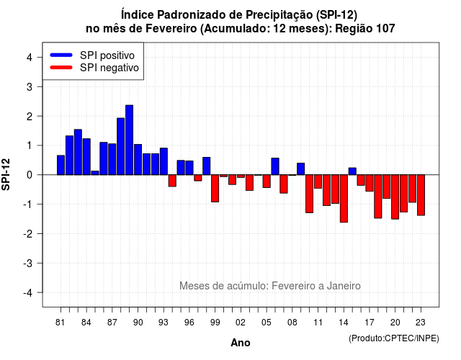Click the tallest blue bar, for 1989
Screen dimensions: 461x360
click(x=129, y=140)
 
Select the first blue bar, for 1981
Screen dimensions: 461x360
click(x=61, y=165)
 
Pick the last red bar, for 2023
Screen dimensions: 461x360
click(x=421, y=195)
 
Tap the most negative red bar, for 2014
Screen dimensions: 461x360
click(x=344, y=199)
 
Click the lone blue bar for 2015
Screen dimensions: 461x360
click(x=352, y=171)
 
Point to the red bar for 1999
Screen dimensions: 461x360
click(x=215, y=189)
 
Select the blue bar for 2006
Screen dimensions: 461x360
click(x=275, y=166)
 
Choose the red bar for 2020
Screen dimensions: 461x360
click(x=395, y=197)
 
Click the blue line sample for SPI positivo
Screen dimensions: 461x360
click(x=61, y=55)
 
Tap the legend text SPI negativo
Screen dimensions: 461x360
click(x=109, y=68)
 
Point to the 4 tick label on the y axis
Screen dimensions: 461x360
click(x=30, y=58)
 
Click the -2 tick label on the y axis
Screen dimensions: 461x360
click(x=27, y=233)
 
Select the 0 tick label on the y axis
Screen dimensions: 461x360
click(x=30, y=175)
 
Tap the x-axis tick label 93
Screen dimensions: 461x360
click(x=164, y=323)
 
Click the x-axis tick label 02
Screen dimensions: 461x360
click(x=241, y=323)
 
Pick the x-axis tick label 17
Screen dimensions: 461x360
click(x=370, y=323)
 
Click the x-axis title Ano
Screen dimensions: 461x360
click(x=241, y=343)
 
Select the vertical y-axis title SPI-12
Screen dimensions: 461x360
click(x=6, y=174)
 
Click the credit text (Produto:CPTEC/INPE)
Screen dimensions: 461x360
click(x=394, y=338)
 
